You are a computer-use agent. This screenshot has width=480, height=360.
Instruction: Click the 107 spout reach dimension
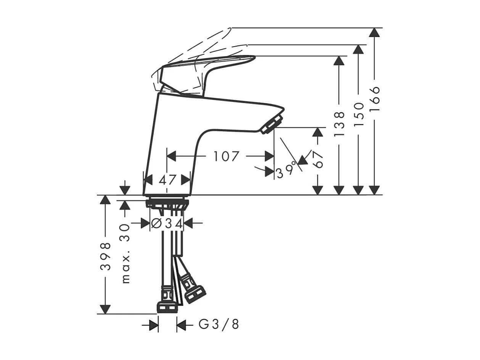click(226, 156)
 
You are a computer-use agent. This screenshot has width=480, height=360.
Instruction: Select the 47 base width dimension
click(168, 179)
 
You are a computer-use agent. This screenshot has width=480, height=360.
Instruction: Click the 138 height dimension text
click(339, 124)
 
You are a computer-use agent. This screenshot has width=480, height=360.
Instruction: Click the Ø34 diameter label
click(167, 223)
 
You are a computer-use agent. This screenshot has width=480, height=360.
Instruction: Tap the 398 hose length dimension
click(106, 256)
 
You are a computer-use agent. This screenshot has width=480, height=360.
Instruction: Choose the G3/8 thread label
click(219, 325)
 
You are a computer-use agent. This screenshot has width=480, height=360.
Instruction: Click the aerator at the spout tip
click(272, 124)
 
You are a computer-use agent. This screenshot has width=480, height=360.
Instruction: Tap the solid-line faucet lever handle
click(214, 65)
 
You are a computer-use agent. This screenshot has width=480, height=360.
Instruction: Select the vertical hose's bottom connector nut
click(167, 308)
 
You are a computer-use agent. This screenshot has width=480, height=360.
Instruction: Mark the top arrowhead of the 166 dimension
click(375, 32)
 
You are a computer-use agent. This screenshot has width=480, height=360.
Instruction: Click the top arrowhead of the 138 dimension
click(339, 61)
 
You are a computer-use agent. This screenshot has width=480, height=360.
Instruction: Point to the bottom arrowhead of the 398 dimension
click(105, 309)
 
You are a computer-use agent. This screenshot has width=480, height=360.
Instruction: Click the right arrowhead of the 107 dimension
click(269, 156)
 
